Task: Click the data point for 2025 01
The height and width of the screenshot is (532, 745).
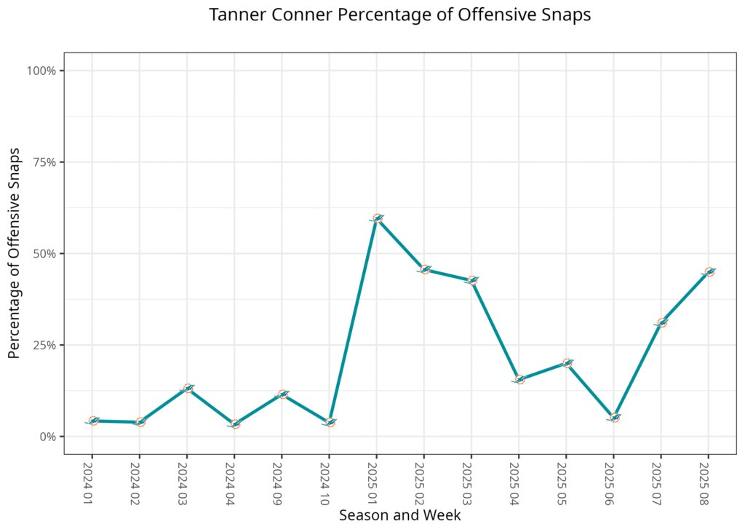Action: click(x=377, y=218)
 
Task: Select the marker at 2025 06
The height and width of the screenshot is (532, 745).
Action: click(x=614, y=418)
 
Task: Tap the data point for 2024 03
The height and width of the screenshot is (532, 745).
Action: click(x=188, y=389)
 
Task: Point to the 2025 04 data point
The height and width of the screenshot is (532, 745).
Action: click(x=519, y=379)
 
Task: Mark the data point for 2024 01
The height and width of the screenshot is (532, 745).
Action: click(x=93, y=421)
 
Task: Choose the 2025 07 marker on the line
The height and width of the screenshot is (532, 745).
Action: click(x=661, y=322)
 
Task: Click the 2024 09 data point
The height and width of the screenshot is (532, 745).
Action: click(x=282, y=394)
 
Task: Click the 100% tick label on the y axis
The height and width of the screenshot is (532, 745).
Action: click(x=41, y=71)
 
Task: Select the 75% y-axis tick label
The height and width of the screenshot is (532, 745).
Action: click(x=44, y=162)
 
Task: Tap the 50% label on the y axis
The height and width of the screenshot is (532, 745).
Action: click(x=44, y=254)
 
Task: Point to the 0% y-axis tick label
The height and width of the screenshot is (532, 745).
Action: click(x=47, y=437)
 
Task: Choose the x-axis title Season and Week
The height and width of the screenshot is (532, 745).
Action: click(x=399, y=515)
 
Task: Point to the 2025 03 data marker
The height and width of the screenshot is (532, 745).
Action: click(x=472, y=280)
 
